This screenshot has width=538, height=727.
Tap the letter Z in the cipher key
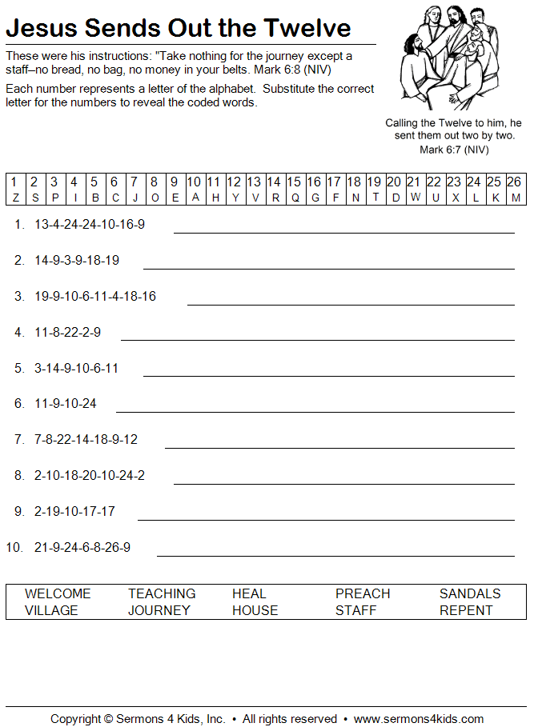[15, 198]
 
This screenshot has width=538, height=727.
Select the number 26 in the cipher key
[514, 182]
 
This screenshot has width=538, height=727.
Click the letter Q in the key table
[295, 198]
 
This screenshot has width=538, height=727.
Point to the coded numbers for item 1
[90, 224]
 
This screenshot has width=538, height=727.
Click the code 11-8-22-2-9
[67, 332]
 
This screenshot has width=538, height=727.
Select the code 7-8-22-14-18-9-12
[86, 439]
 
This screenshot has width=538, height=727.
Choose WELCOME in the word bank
[58, 593]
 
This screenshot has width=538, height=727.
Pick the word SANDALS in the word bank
[470, 593]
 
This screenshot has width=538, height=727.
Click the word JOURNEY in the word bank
[159, 610]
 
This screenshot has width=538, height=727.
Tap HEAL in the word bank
[249, 593]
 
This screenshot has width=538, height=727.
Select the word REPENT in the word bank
[466, 610]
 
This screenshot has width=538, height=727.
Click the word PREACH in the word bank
[363, 593]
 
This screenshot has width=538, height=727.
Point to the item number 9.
[19, 511]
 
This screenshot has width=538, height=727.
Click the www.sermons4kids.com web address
[419, 719]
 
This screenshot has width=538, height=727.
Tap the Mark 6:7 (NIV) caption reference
[454, 150]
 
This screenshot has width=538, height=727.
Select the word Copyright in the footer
[76, 719]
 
